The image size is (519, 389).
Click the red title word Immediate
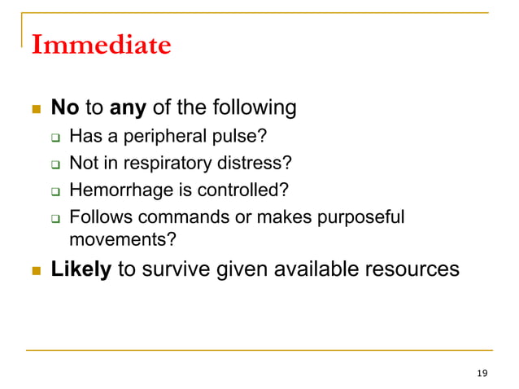point(101,44)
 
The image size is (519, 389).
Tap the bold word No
point(64,107)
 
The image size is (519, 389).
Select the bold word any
point(127,107)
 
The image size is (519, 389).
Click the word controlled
point(248,190)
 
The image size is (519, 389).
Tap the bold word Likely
point(81,269)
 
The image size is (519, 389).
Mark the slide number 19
point(482,374)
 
